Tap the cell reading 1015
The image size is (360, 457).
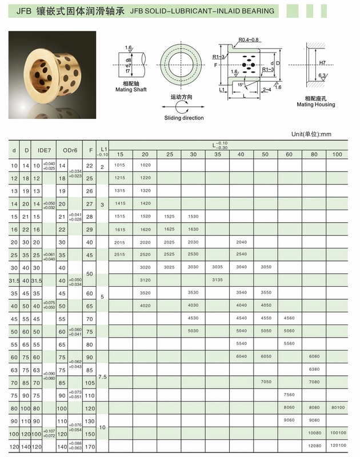click(119, 165)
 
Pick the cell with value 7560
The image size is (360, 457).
click(290, 394)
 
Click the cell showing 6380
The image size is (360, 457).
click(314, 369)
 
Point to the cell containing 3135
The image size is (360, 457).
click(217, 279)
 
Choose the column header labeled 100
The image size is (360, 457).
click(338, 154)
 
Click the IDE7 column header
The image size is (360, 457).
click(44, 150)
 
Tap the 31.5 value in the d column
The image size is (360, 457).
click(12, 280)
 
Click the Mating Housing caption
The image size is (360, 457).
click(315, 105)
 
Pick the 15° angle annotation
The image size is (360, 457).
click(242, 85)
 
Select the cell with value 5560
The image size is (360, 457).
click(290, 344)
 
